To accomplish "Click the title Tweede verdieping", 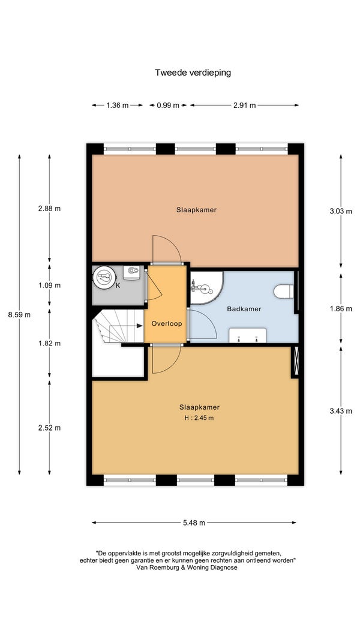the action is (x=193, y=73).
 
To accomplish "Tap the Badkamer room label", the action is (x=244, y=308).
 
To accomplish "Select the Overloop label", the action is (x=167, y=324).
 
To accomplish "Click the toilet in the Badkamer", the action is (x=284, y=292).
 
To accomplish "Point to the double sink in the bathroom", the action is (x=247, y=335).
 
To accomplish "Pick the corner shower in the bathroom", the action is (x=206, y=288).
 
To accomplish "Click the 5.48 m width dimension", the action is (x=194, y=522).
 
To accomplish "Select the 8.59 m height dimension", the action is (x=19, y=315).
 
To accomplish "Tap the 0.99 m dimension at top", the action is (x=168, y=106).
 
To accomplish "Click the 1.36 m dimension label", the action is (x=117, y=106).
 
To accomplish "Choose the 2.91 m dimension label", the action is (x=244, y=106).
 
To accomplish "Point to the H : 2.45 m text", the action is (x=200, y=418).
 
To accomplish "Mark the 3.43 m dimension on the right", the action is (x=341, y=411).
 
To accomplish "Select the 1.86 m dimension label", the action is (x=341, y=309).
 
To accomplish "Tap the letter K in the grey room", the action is (x=118, y=286).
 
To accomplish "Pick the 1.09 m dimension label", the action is (x=49, y=286).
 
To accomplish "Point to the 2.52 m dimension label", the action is (x=49, y=428).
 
